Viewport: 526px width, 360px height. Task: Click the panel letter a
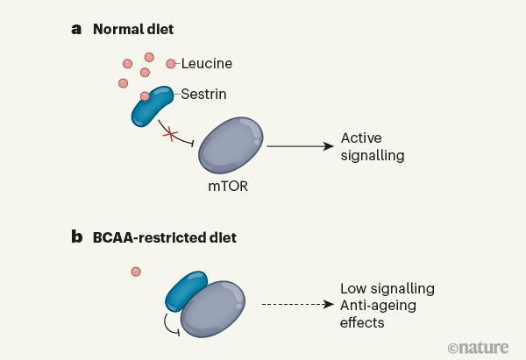click(76, 29)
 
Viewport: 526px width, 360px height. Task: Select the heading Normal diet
click(133, 29)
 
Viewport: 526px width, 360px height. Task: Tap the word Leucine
click(207, 63)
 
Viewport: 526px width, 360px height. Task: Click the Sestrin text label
click(205, 92)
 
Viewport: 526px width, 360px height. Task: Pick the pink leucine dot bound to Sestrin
click(146, 96)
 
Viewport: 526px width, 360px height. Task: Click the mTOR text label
click(228, 186)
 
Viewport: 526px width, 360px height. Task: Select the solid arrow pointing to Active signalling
click(299, 147)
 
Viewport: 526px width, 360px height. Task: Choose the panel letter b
click(76, 236)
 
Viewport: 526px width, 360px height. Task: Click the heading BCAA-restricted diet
click(164, 236)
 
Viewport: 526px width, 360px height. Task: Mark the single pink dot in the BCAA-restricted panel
click(136, 272)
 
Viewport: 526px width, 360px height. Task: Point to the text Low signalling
click(387, 288)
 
